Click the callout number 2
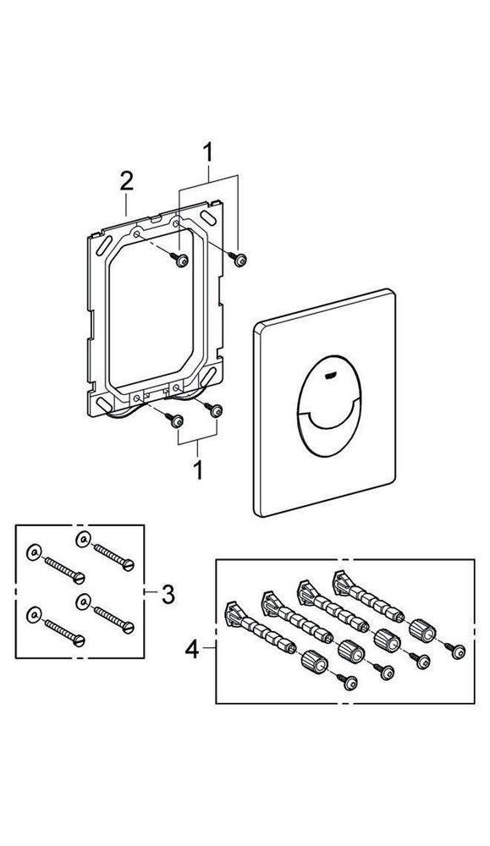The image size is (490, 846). tap(126, 180)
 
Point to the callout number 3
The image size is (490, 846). tap(168, 595)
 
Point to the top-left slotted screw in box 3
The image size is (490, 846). tap(63, 569)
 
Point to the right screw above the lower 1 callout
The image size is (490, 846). tap(217, 409)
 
